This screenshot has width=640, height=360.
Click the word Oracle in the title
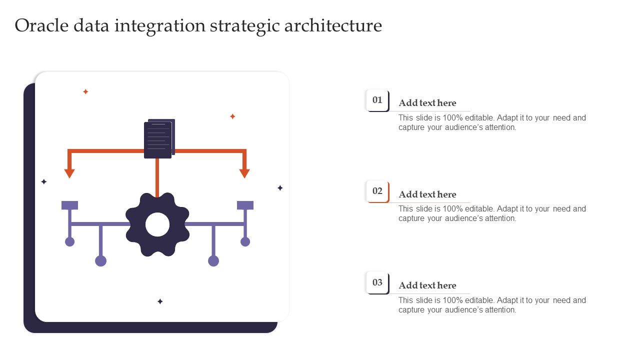point(41,25)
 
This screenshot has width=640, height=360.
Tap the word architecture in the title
point(333,25)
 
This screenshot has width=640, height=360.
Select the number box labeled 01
point(377,100)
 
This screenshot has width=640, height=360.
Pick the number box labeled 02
point(377,191)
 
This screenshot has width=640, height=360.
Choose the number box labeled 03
point(377,282)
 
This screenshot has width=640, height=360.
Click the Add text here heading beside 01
point(427,103)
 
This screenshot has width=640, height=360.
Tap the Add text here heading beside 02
point(427,194)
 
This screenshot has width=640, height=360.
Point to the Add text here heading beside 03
point(427,285)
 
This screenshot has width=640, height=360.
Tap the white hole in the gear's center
point(157,224)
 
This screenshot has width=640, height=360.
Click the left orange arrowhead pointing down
point(69,173)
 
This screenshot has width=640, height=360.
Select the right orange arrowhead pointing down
point(244,173)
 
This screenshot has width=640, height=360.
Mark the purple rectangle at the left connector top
point(69,205)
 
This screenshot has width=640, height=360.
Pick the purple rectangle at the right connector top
point(245,205)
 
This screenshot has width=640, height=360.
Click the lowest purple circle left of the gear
point(100,261)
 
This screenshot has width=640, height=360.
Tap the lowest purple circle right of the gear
point(213,261)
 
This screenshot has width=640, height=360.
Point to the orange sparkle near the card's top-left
point(85,91)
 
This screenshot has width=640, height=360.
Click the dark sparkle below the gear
point(160,301)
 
